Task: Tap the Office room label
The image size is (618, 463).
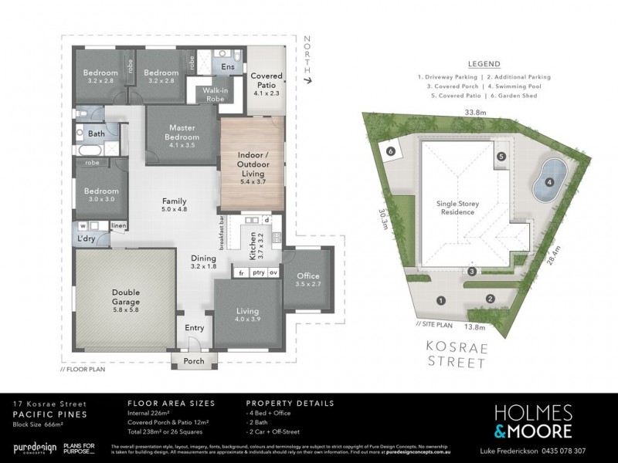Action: (307, 280)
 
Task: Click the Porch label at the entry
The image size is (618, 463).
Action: (194, 361)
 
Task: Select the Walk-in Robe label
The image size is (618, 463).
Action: (214, 95)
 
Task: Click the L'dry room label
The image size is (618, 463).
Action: (86, 240)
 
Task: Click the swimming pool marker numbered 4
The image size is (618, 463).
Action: (549, 183)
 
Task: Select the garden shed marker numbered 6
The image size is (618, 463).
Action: (391, 152)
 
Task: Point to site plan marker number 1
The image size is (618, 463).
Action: (441, 299)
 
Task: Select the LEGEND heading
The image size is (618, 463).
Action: (484, 64)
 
